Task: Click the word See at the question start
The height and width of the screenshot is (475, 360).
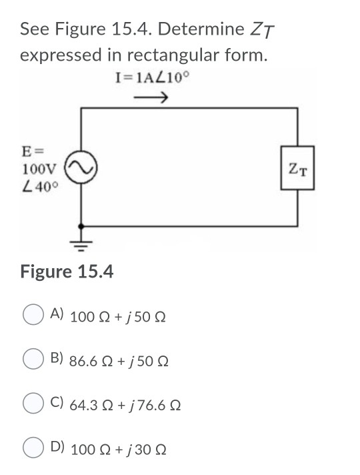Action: (33, 30)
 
